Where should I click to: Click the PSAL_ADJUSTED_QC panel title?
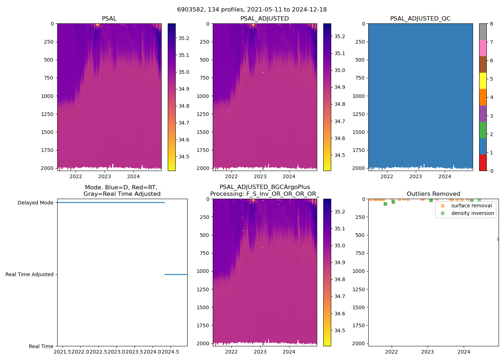pos(420,18)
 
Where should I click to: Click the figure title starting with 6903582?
pos(252,9)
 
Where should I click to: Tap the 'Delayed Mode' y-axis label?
pos(35,203)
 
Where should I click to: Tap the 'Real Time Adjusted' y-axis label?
pos(29,274)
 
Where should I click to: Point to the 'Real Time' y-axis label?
pos(41,346)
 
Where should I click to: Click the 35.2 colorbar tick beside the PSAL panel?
pos(184,38)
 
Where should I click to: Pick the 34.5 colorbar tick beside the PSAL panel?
pos(184,157)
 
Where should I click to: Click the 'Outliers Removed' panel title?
pos(433,194)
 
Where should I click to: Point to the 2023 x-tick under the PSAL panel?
pos(105,176)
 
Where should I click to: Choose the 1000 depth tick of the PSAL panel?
pos(47,96)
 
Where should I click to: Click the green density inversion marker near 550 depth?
pos(499,239)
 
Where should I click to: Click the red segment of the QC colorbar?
pos(483,162)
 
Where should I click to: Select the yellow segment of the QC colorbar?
pos(483,81)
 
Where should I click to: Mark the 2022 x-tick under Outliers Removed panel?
pos(391,352)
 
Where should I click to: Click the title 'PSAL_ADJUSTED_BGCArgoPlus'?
pos(265,187)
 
